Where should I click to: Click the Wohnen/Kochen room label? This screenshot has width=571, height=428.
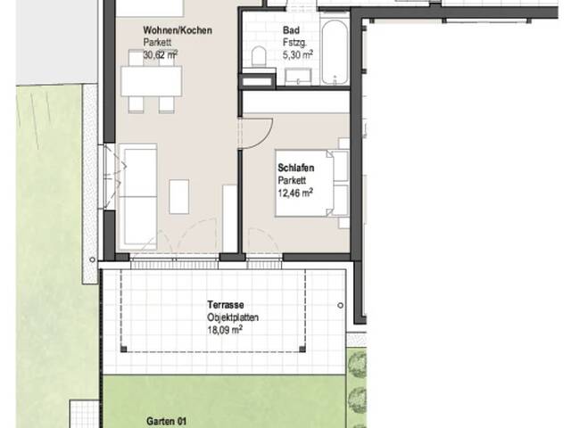click(178, 30)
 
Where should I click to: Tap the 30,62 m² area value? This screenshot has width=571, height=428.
click(161, 55)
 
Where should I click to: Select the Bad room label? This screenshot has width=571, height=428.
click(292, 30)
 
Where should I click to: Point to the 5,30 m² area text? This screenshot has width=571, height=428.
click(298, 55)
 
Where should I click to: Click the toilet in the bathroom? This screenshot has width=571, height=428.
click(259, 56)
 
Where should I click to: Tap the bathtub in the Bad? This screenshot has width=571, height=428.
click(335, 52)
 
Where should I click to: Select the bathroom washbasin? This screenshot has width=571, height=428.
click(298, 77)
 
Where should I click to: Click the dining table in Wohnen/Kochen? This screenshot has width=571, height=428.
click(152, 81)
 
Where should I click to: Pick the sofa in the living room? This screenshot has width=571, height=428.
click(138, 196)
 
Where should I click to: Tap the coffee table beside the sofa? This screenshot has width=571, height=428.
click(179, 196)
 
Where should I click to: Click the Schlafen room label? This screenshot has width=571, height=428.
click(296, 169)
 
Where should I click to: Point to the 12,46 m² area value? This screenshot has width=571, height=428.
click(295, 193)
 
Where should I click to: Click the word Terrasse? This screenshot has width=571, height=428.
click(226, 305)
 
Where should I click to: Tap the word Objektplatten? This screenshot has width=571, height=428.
click(233, 317)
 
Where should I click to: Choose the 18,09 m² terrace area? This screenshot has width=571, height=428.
click(225, 331)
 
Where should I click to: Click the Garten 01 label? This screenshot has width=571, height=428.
click(166, 421)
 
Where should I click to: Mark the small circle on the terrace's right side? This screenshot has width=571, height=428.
click(341, 305)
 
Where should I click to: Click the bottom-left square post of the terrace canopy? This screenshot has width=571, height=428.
click(124, 350)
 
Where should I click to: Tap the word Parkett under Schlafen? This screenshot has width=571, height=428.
click(292, 180)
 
